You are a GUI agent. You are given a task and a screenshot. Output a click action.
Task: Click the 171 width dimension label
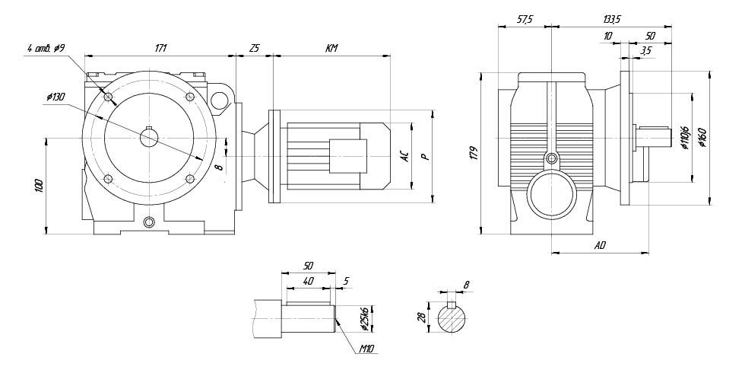coord(160,49)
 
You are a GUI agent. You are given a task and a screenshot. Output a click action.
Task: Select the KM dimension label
coord(331,49)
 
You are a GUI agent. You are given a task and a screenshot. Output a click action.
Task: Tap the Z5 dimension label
coord(255,49)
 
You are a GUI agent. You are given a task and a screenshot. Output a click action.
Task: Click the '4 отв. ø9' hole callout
coord(46,49)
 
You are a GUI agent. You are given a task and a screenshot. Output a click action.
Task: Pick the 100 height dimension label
coord(39,185)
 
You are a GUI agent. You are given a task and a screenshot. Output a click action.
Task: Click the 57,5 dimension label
coord(525,20)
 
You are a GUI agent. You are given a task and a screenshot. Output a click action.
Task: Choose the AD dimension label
coord(600,245)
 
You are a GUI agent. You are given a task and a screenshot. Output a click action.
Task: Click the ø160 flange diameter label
coord(702,139)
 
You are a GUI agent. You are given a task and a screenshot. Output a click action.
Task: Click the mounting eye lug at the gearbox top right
coord(221,99)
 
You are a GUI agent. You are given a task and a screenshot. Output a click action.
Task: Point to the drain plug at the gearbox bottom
coord(149,222)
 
